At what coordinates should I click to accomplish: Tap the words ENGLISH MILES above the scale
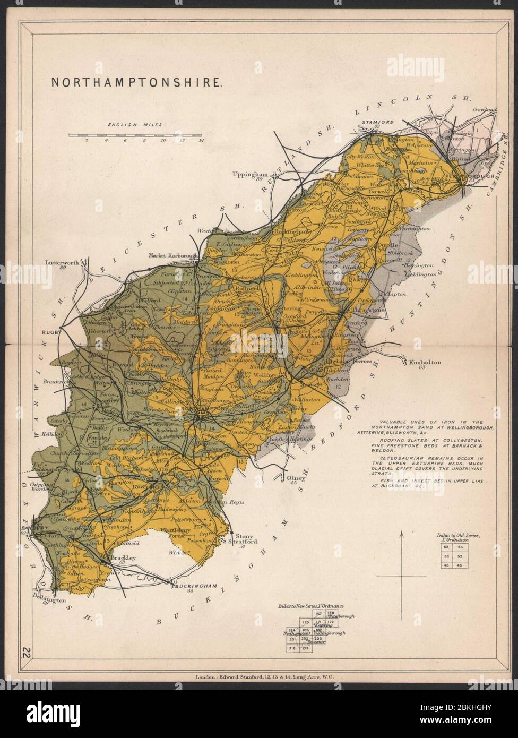pyautogui.click(x=135, y=125)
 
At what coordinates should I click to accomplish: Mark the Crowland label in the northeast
pyautogui.click(x=485, y=109)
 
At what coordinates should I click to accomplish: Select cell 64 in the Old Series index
pyautogui.click(x=460, y=547)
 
